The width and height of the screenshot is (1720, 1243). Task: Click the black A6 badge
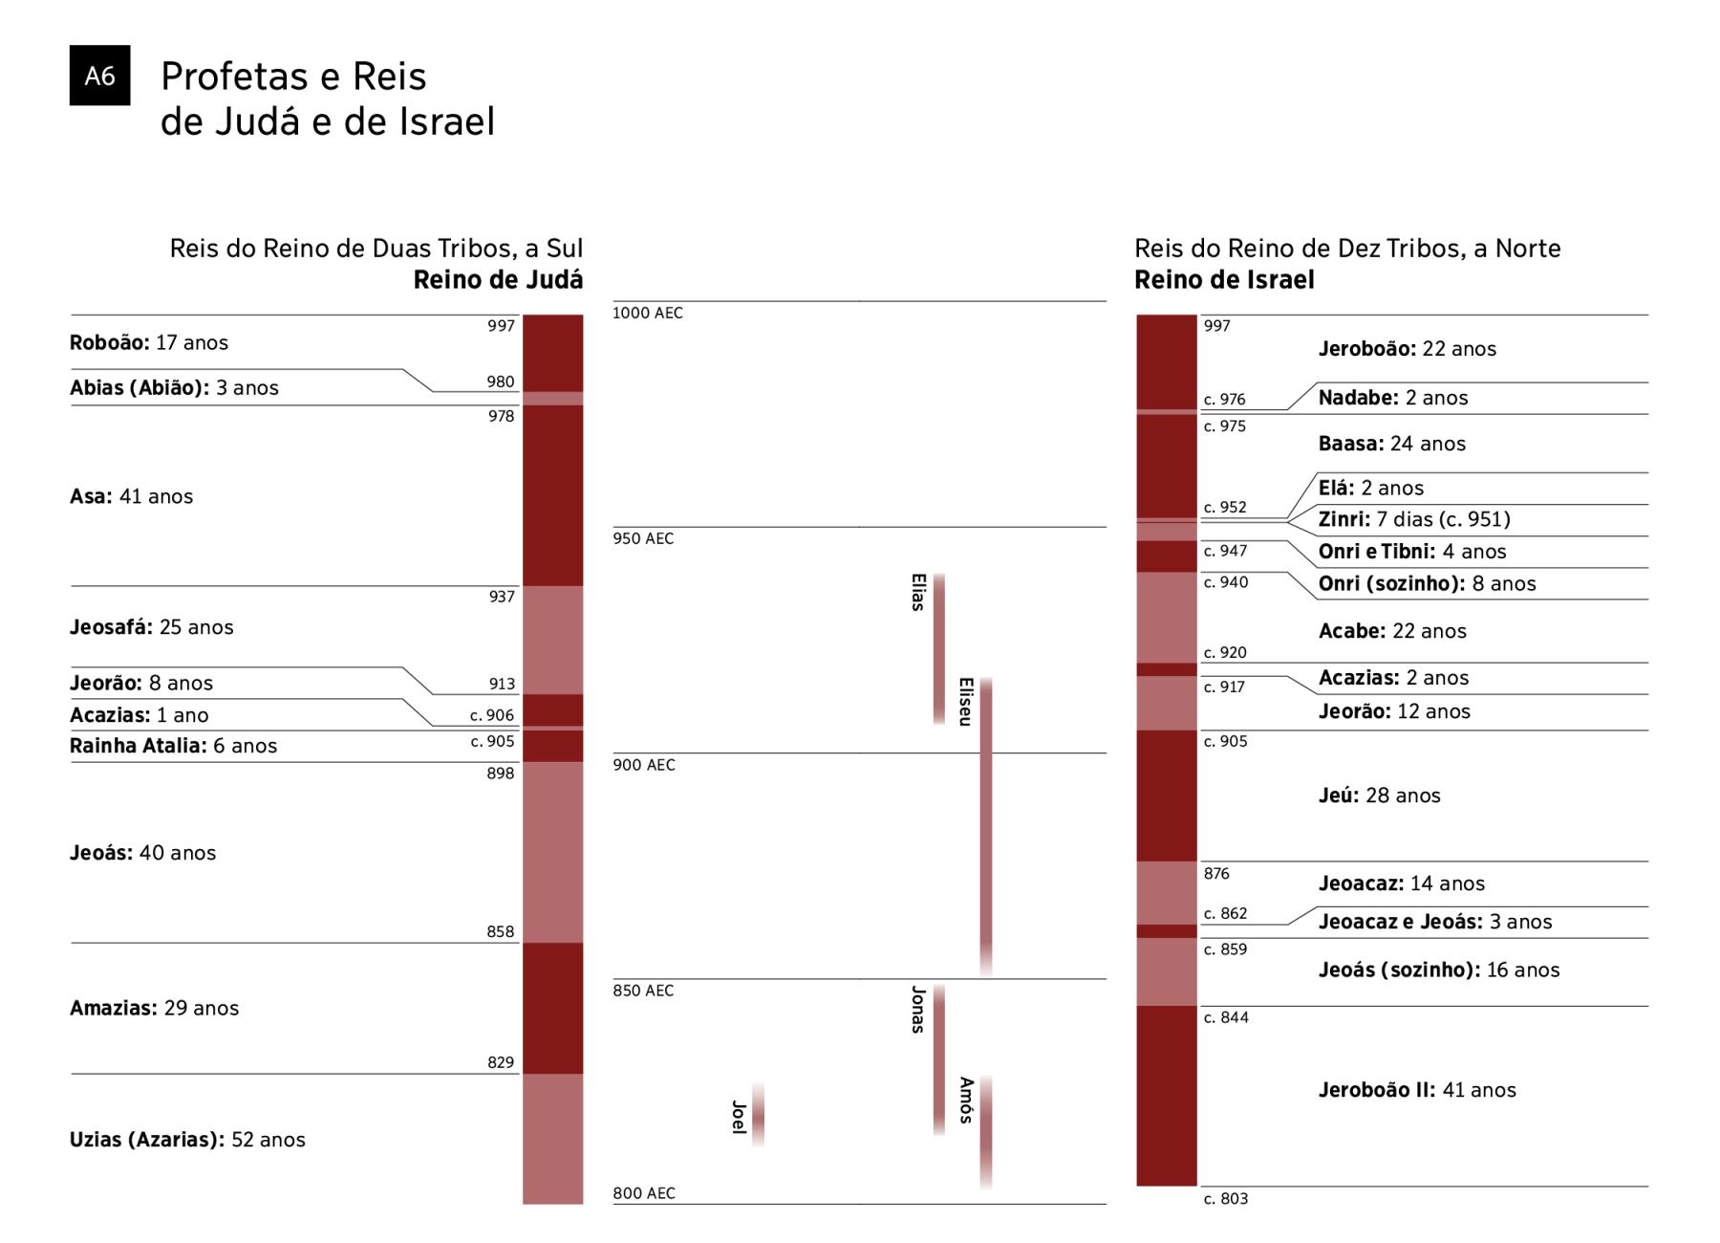point(99,76)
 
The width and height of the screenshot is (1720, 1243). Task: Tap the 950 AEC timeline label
point(643,538)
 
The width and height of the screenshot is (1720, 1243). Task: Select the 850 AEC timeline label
point(643,991)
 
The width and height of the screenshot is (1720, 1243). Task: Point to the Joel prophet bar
point(758,1115)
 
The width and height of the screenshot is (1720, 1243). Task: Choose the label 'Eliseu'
point(965,702)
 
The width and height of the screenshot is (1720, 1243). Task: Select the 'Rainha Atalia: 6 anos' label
point(173,746)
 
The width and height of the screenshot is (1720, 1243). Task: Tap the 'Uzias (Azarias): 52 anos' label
point(187,1140)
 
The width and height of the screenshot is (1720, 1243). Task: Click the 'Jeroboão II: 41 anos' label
point(1417,1090)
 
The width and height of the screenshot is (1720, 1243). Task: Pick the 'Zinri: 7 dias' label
point(1414,519)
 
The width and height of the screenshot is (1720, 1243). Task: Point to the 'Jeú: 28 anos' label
point(1379,796)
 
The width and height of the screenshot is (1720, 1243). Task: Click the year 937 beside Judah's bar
point(502,597)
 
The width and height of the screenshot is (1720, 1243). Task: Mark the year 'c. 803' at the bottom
point(1225,1199)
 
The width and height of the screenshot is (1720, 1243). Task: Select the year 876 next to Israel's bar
point(1216,874)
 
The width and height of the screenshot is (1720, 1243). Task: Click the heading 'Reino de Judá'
point(498,280)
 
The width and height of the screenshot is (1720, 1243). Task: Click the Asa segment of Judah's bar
point(552,495)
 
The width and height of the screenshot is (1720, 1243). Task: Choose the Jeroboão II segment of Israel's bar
point(1166,1096)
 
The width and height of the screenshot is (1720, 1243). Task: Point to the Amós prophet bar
point(986,1133)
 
